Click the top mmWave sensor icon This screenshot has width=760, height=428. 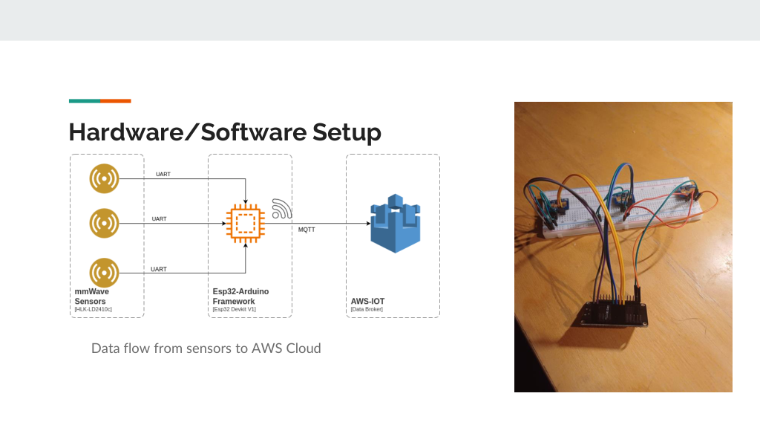(x=104, y=178)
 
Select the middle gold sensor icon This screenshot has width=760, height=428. (x=104, y=223)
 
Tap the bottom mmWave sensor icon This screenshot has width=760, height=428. (x=104, y=273)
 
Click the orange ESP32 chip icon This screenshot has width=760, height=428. (x=246, y=224)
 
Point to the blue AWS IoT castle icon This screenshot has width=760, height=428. (x=396, y=223)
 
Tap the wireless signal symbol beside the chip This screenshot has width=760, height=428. (x=281, y=209)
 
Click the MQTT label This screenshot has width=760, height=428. (x=307, y=230)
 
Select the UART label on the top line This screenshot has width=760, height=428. (x=163, y=174)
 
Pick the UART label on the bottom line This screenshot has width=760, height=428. (x=159, y=269)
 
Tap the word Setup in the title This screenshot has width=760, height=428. (x=347, y=132)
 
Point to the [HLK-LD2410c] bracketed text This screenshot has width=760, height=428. (x=93, y=309)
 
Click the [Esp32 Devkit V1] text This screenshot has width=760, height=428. (x=234, y=309)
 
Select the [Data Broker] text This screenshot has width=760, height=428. (x=367, y=309)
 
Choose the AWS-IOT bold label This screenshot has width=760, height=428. (x=368, y=302)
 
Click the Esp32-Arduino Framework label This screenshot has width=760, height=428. (x=241, y=296)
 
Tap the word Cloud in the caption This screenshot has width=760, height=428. (x=304, y=348)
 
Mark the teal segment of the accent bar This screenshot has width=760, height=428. (x=85, y=101)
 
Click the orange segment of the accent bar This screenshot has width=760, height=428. (x=116, y=101)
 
